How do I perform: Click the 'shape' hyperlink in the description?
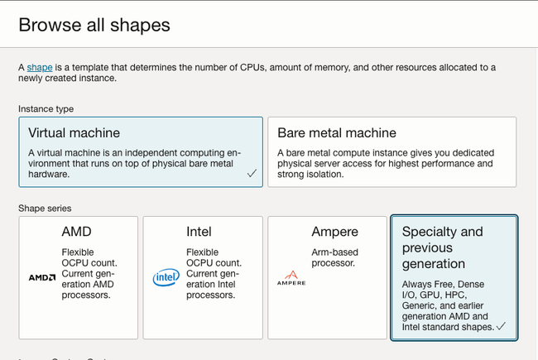coord(40,67)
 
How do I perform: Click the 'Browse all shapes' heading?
coord(94,25)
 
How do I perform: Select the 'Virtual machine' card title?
coord(74,132)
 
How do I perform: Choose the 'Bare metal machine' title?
coord(337,132)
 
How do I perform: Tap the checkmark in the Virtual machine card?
coord(252,173)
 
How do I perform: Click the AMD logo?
coord(42,277)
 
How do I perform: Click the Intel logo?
coord(166,277)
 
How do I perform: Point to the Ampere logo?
coord(291,278)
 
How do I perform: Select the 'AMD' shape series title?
coord(76,232)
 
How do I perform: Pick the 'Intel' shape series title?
coord(199,232)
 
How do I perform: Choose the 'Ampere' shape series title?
coord(335,232)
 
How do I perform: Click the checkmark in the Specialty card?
coord(501,326)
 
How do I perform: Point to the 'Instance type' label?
coord(46,108)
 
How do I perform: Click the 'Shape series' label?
coord(45,209)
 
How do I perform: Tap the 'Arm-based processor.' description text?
coord(334,257)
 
